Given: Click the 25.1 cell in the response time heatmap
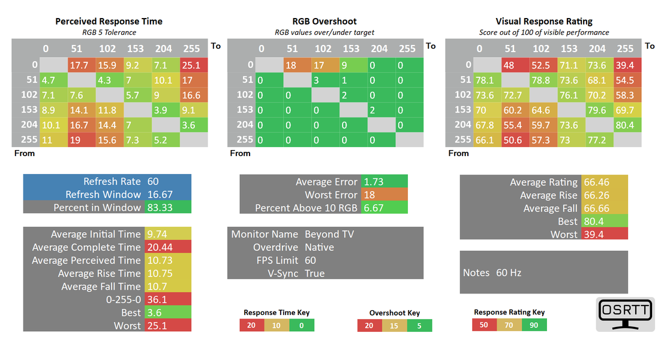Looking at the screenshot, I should [193, 65].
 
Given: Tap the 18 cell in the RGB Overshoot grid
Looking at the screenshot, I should [291, 65].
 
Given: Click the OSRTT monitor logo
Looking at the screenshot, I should [625, 314].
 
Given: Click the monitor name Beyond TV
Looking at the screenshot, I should [329, 234].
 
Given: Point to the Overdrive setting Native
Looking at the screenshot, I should [319, 247].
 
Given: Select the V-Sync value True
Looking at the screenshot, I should [314, 274].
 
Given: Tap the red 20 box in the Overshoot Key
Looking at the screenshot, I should [369, 325].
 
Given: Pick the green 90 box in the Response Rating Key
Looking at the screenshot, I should [534, 325].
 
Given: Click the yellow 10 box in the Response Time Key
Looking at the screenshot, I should [277, 325].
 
